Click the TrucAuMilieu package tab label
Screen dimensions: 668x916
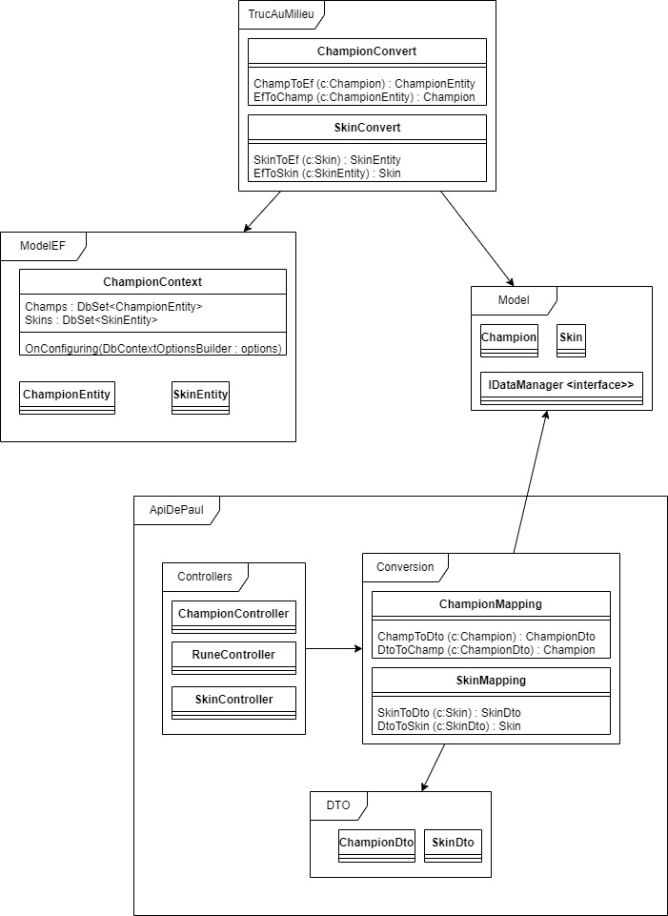tap(281, 16)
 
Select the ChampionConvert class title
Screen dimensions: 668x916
tap(367, 51)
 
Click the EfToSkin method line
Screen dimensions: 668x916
tap(327, 173)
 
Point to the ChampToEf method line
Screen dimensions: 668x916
tap(364, 84)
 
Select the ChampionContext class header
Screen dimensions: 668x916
tap(152, 281)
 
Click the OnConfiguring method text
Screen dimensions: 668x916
tap(153, 349)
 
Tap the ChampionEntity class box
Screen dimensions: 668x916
tap(67, 398)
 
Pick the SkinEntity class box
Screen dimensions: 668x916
tap(200, 398)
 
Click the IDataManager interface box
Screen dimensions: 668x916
tap(561, 388)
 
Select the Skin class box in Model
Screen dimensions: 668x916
tap(571, 340)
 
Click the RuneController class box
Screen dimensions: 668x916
tap(233, 659)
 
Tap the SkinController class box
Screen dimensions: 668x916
tap(233, 702)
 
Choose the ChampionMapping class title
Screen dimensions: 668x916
tap(491, 604)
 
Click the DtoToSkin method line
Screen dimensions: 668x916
tap(449, 726)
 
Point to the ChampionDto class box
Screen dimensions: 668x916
tap(376, 845)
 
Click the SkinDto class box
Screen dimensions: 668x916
tap(454, 845)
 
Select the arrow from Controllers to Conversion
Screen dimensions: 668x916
tap(334, 648)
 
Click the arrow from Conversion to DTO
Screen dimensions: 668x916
tap(433, 767)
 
